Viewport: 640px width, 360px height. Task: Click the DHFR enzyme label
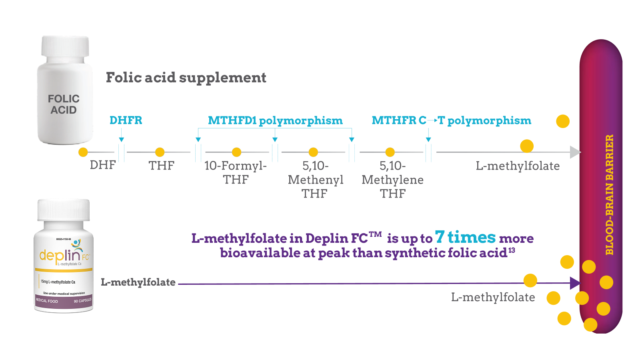click(126, 120)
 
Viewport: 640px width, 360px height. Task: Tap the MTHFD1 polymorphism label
click(275, 120)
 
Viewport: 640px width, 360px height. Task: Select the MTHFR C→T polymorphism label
click(451, 120)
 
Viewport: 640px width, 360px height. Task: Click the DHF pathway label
click(102, 165)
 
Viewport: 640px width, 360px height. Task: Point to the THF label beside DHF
click(161, 165)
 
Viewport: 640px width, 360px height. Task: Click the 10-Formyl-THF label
click(235, 172)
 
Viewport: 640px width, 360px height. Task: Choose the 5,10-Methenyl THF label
click(315, 180)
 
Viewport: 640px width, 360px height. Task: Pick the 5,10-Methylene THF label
click(392, 180)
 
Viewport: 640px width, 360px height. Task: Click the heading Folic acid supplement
click(186, 77)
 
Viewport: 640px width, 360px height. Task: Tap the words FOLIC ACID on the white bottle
click(64, 104)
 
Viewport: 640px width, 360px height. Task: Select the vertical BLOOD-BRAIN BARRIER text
click(609, 195)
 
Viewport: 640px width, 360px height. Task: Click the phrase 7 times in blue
click(465, 237)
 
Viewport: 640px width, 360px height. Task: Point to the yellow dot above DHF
click(83, 152)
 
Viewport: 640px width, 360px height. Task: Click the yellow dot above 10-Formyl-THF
click(236, 152)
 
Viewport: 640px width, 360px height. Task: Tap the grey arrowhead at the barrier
click(575, 152)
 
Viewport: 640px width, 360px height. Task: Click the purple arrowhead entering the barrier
click(575, 283)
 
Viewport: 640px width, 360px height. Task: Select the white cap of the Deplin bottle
click(64, 209)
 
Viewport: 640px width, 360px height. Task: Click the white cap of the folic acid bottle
click(65, 46)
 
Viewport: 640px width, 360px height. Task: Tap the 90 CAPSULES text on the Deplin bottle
click(82, 301)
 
